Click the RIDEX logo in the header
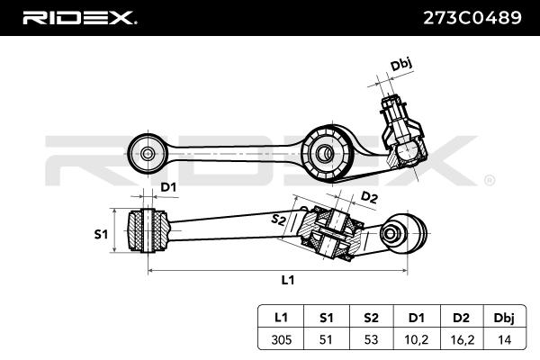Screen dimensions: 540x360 79,17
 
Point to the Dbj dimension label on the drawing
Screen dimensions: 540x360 401,65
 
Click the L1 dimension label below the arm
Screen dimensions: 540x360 287,280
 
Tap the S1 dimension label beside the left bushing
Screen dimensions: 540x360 102,234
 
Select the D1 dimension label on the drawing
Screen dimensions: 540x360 168,186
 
